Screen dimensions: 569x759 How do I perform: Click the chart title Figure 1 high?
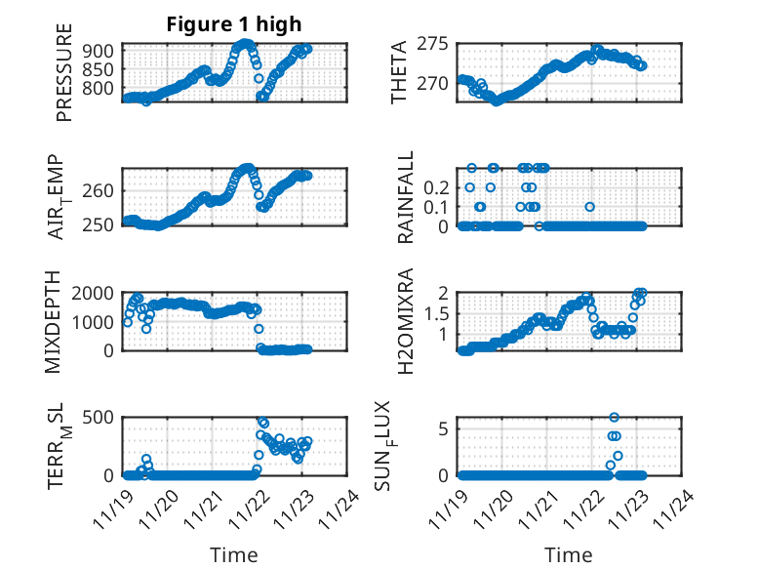tap(234, 24)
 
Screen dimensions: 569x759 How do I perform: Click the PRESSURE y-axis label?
tap(65, 79)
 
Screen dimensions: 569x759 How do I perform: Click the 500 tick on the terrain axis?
tap(102, 417)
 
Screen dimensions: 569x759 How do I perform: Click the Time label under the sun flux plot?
tap(569, 555)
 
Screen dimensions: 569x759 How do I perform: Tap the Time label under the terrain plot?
tap(234, 555)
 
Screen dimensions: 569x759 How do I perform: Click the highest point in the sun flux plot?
tap(614, 418)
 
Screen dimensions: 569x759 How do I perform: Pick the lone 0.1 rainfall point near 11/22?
tap(589, 207)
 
